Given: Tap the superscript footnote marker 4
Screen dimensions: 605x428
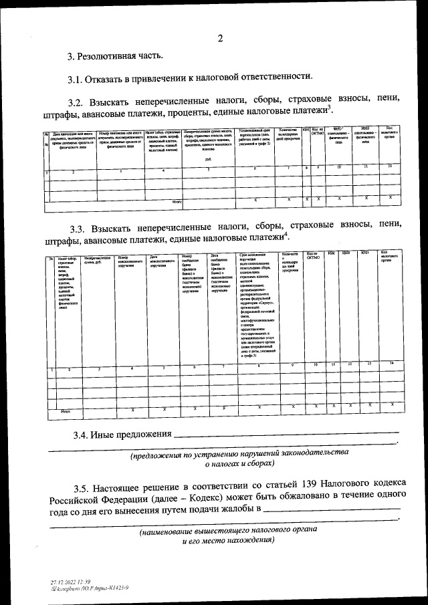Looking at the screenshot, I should (286, 233).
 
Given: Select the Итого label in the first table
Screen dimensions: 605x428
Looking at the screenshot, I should (177, 201).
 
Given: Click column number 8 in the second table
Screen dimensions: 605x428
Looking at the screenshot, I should (259, 366).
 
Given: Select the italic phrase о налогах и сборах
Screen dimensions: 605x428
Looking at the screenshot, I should (239, 463).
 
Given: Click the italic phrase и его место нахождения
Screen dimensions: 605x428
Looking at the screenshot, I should (229, 541).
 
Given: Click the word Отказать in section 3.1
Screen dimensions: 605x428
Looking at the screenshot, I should (110, 79).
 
